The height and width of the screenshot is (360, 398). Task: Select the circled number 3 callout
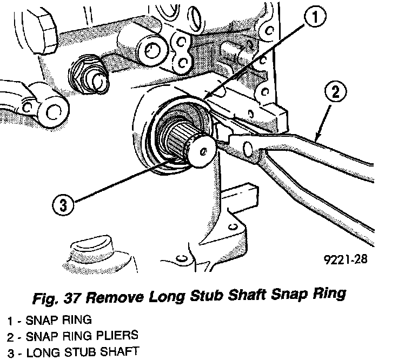coord(63,205)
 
